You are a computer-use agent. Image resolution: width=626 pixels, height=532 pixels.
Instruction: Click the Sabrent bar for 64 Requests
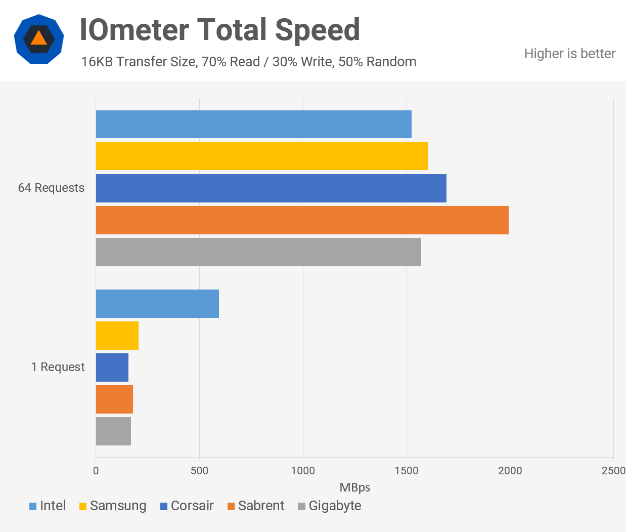click(302, 220)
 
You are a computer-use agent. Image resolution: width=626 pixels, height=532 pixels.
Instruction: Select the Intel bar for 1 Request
click(157, 304)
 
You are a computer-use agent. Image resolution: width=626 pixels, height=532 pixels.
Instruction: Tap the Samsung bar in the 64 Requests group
click(262, 156)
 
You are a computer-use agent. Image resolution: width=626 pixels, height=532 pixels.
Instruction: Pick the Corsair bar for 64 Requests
click(271, 188)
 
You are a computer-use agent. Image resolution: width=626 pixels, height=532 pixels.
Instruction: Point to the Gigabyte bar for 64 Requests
click(258, 252)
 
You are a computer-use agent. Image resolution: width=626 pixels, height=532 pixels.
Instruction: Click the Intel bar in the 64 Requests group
click(253, 125)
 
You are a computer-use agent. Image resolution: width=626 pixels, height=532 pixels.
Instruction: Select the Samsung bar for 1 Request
click(117, 336)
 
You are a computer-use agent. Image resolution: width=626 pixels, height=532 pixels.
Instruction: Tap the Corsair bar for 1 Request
click(112, 367)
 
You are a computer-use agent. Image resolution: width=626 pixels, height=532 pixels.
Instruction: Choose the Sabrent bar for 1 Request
click(114, 399)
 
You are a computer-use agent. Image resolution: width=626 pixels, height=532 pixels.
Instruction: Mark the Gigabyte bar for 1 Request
click(113, 431)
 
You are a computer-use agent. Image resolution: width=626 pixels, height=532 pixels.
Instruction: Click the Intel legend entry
click(48, 506)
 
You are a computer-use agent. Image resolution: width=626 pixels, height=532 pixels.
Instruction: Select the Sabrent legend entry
click(256, 506)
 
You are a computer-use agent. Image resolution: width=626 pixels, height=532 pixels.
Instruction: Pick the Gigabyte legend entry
click(329, 506)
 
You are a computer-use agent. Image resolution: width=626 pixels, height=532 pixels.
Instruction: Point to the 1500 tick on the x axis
click(407, 471)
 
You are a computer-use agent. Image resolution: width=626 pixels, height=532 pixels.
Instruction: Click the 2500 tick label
click(613, 471)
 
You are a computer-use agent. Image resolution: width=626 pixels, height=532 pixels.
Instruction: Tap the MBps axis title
click(354, 487)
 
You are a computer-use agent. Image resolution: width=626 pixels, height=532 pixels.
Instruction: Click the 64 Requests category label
click(51, 188)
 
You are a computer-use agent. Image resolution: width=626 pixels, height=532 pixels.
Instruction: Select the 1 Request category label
click(58, 367)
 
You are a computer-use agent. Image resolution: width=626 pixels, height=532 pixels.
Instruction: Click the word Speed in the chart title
click(317, 30)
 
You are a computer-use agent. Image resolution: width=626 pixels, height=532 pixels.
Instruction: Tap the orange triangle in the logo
click(38, 38)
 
